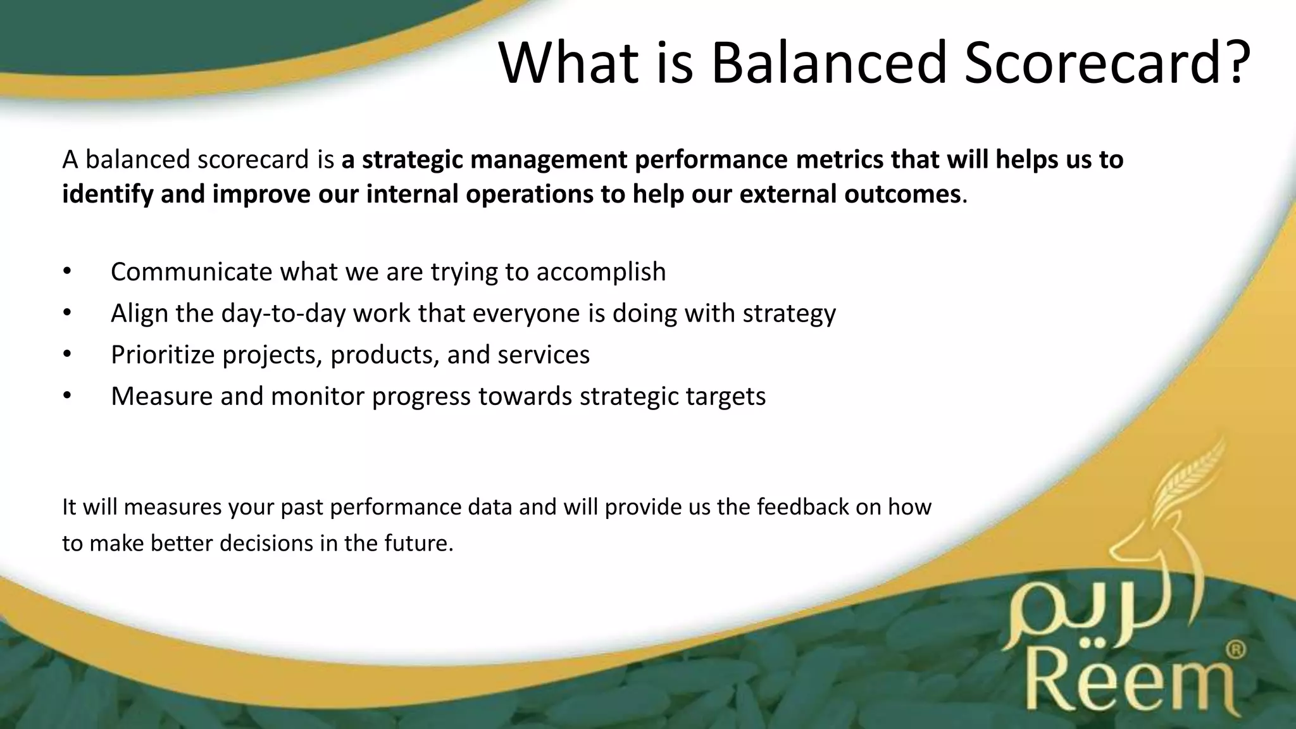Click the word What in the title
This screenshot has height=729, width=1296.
point(569,63)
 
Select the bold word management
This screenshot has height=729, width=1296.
point(549,160)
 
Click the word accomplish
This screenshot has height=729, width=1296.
point(601,272)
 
